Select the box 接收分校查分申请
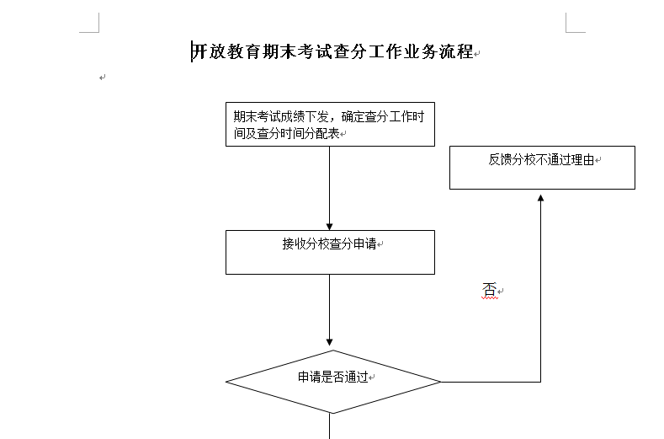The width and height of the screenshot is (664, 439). tap(330, 253)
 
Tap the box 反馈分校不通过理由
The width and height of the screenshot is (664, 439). tap(542, 168)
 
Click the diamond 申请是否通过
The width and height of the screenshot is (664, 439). tap(333, 382)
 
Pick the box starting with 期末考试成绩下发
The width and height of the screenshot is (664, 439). tap(330, 124)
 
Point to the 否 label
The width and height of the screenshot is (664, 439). tap(489, 290)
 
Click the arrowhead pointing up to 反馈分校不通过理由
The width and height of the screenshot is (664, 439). tap(541, 198)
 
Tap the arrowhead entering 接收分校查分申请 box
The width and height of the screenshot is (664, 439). tap(329, 227)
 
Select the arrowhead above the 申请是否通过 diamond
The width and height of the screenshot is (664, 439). tap(329, 342)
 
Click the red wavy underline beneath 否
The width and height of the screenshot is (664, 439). tap(490, 298)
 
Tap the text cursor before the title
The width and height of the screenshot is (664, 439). tap(192, 51)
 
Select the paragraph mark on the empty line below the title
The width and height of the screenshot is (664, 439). tap(102, 78)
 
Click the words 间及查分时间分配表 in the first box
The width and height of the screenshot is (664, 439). tap(287, 134)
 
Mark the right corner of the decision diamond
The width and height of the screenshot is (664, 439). tap(441, 382)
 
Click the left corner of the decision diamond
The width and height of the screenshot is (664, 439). tap(226, 382)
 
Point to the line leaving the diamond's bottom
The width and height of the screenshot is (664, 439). tap(329, 426)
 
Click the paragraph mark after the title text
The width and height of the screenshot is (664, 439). tap(477, 54)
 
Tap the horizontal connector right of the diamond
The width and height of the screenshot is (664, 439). tap(491, 382)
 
